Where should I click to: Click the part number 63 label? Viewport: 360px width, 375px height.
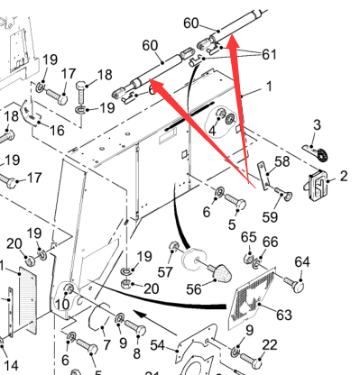[x=284, y=315]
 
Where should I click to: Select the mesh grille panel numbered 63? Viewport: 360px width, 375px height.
[x=253, y=296]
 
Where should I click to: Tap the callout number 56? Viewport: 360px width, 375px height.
[x=194, y=289]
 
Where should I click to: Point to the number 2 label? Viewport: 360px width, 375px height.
[x=344, y=176]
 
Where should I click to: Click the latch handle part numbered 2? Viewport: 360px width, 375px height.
[x=317, y=185]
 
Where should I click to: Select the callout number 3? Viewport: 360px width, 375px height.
[x=317, y=124]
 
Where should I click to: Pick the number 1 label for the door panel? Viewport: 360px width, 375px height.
[x=269, y=87]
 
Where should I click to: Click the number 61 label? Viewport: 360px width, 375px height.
[x=269, y=54]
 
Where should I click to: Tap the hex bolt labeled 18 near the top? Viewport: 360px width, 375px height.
[x=81, y=92]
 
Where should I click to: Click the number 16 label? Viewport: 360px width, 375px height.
[x=57, y=131]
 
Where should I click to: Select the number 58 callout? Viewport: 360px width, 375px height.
[x=282, y=161]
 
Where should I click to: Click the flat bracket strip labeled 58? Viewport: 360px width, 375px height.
[x=263, y=176]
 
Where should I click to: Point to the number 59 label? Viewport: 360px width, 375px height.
[x=270, y=216]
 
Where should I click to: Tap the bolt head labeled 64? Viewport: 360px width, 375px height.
[x=297, y=285]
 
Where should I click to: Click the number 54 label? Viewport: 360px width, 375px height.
[x=157, y=345]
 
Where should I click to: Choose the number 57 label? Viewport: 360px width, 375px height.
[x=165, y=272]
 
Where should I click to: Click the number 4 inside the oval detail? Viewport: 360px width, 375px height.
[x=212, y=131]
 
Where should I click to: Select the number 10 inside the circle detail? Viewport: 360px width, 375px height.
[x=62, y=305]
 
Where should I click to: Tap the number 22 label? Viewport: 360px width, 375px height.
[x=269, y=345]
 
